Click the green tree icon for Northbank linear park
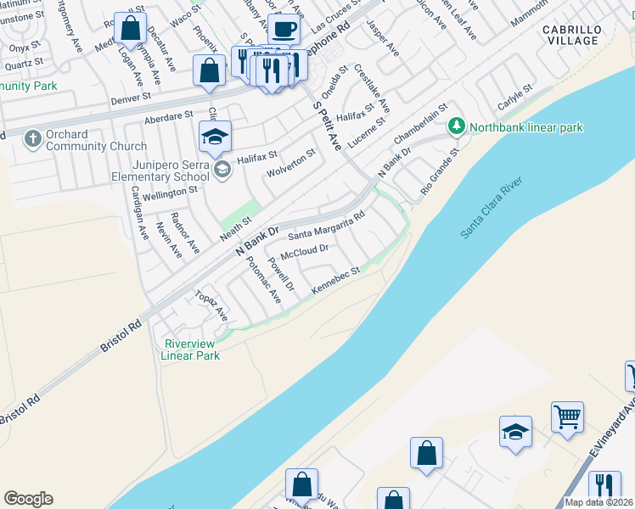pyautogui.click(x=457, y=126)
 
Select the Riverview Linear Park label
pyautogui.click(x=192, y=350)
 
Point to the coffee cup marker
pyautogui.click(x=284, y=31)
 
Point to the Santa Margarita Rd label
pyautogui.click(x=327, y=225)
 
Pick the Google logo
pyautogui.click(x=28, y=499)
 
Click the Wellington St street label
pyautogui.click(x=170, y=192)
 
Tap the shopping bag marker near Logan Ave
pyautogui.click(x=131, y=29)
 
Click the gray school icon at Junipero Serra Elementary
pyautogui.click(x=222, y=170)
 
